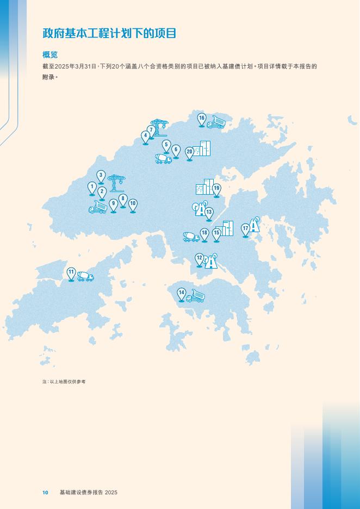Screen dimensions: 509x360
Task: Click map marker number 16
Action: coord(202,119)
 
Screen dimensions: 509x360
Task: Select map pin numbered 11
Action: coord(71,272)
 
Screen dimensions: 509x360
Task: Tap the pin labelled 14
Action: coord(182,293)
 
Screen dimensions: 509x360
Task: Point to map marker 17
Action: coord(246,229)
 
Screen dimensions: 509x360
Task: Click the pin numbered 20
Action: coord(190,152)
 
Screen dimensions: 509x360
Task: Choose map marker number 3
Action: coord(101,176)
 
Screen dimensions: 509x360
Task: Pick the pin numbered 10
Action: coord(133,204)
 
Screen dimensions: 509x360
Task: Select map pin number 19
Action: coord(216,189)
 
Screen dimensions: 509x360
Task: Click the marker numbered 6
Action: coord(176,150)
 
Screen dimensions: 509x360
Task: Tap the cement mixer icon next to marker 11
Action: coord(85,276)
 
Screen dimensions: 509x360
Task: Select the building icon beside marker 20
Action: coord(202,148)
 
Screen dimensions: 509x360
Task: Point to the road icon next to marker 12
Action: coord(211,262)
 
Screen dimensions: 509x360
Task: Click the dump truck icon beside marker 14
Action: coord(195,296)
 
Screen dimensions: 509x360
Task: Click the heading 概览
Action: coord(50,55)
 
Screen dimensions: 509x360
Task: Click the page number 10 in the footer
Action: coord(45,492)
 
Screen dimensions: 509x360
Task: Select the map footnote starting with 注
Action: coord(64,382)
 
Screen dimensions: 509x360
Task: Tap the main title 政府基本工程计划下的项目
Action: coord(110,33)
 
